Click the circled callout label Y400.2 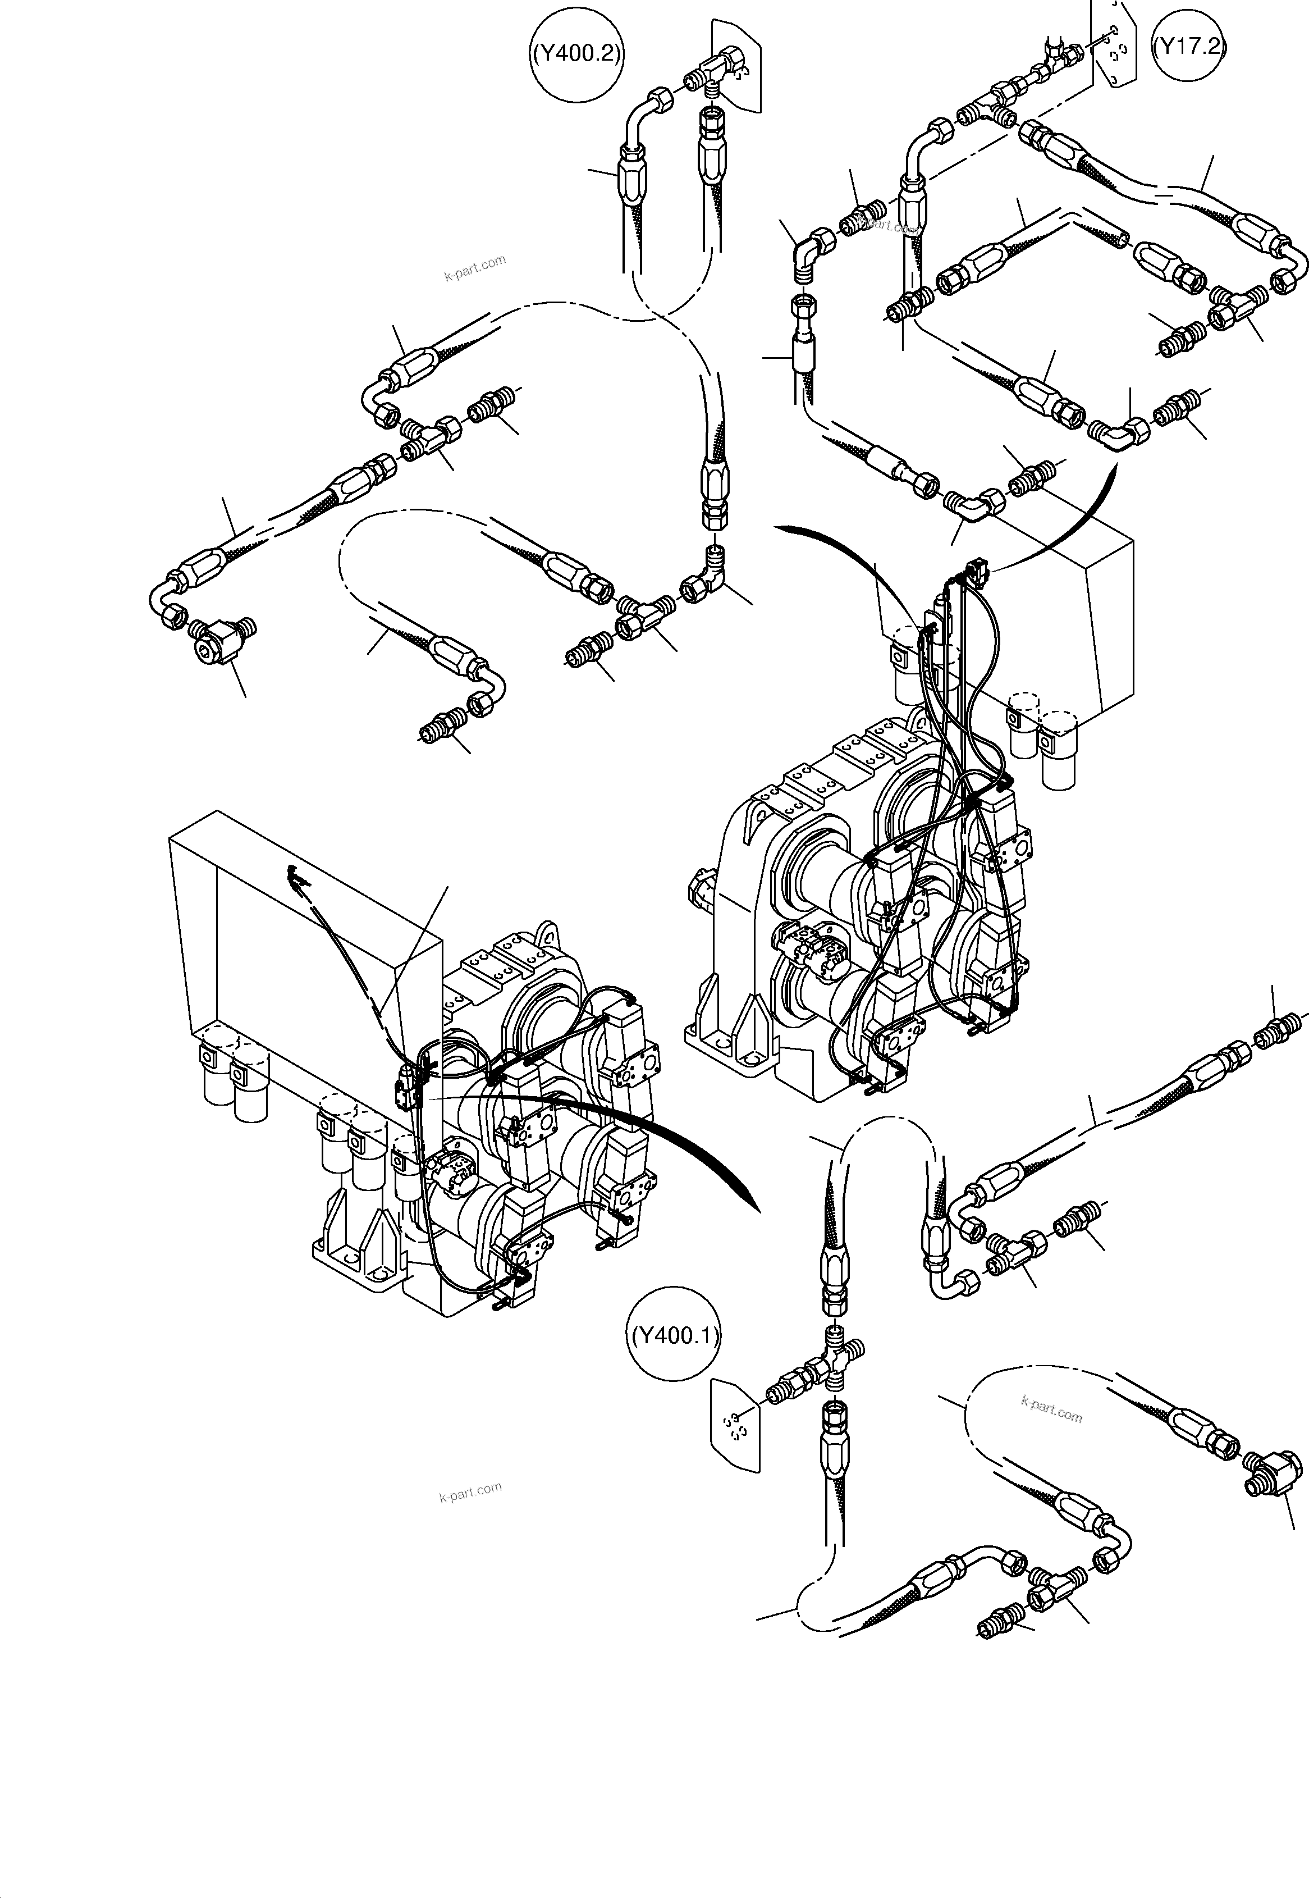tap(576, 54)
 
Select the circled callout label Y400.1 tap(675, 1336)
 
